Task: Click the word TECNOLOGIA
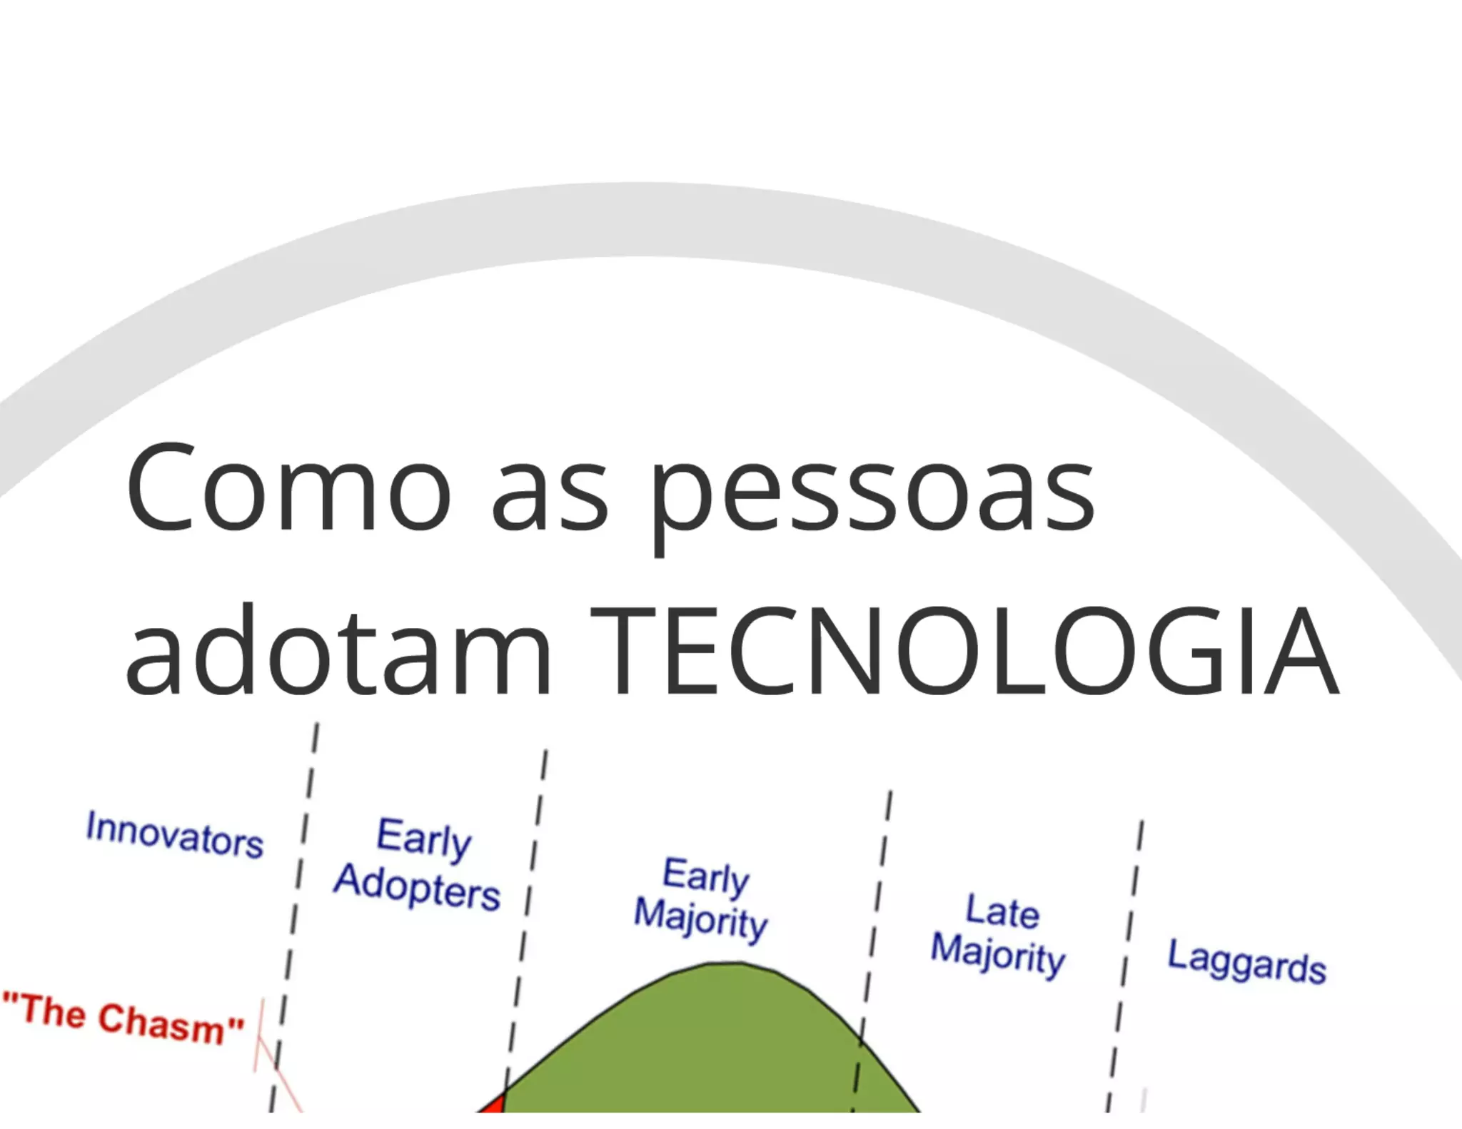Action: click(964, 650)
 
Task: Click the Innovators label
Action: click(175, 834)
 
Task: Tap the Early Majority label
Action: click(702, 898)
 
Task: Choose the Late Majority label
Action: click(999, 934)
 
